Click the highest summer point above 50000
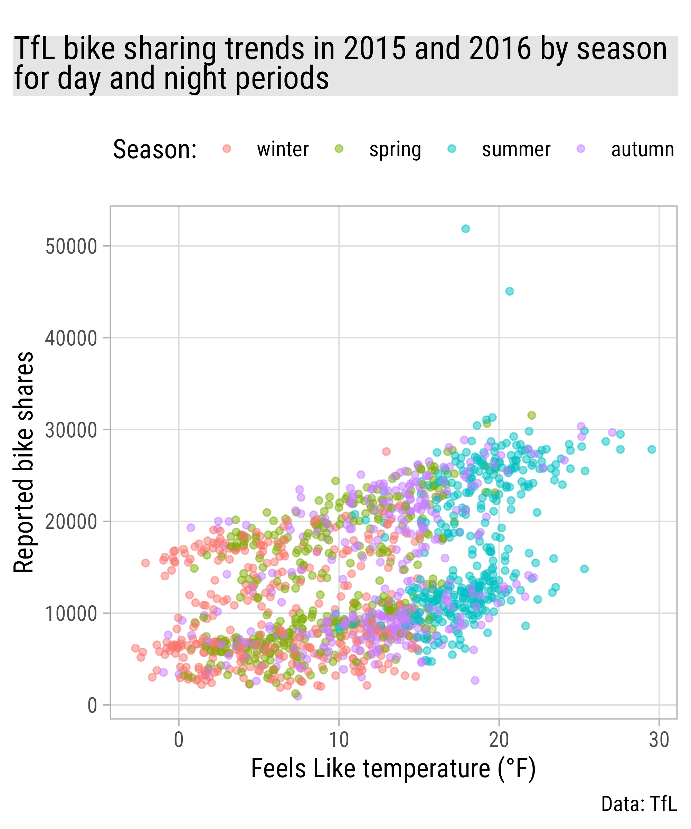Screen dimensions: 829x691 coord(465,229)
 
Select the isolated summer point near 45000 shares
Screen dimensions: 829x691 coord(510,291)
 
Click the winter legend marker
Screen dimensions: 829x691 coord(227,149)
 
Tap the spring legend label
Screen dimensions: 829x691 coord(395,150)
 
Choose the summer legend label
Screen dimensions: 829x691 coord(516,150)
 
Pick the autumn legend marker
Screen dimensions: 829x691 coord(581,149)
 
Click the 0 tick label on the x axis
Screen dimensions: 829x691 coord(179,740)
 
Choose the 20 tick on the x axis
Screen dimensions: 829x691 coord(499,740)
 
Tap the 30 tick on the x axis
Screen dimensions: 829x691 coord(659,740)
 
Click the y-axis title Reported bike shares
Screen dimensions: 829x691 coord(24,462)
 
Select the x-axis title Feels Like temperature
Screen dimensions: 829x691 coord(393,769)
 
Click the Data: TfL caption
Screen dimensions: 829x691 coord(639,804)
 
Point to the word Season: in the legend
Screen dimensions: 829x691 coord(155,150)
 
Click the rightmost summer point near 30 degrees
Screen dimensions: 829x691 coord(652,449)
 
